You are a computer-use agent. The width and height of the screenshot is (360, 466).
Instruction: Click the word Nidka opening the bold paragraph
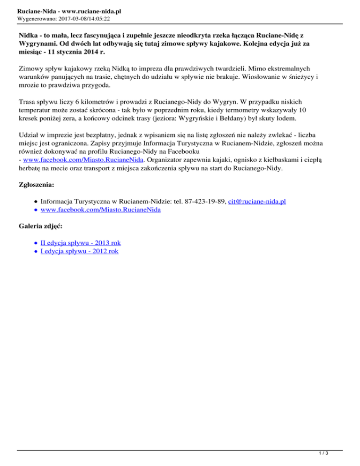tap(29, 35)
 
